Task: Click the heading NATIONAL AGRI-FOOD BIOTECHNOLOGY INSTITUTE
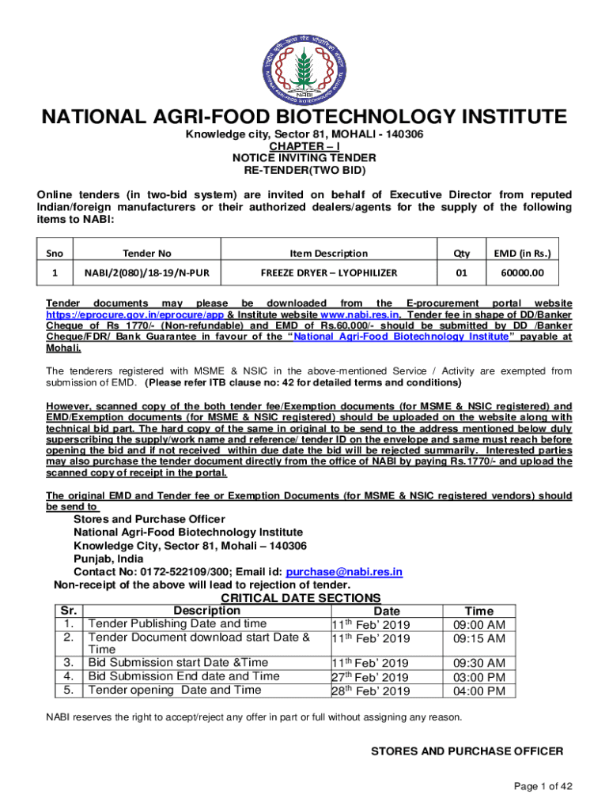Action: pyautogui.click(x=304, y=118)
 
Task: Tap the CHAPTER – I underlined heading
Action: pyautogui.click(x=304, y=146)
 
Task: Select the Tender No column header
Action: pyautogui.click(x=147, y=253)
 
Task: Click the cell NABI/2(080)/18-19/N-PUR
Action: pyautogui.click(x=147, y=273)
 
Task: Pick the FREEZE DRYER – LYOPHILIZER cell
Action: pyautogui.click(x=328, y=273)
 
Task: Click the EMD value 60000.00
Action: pyautogui.click(x=522, y=273)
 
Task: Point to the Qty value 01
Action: pyautogui.click(x=460, y=273)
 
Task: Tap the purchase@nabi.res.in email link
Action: pyautogui.click(x=344, y=572)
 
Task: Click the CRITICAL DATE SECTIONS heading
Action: pyautogui.click(x=301, y=598)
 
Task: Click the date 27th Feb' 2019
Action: pyautogui.click(x=370, y=677)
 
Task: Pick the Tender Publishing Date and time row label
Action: pyautogui.click(x=177, y=624)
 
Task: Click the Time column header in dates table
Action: pyautogui.click(x=478, y=611)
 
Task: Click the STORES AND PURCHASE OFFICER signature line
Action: pyautogui.click(x=467, y=751)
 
